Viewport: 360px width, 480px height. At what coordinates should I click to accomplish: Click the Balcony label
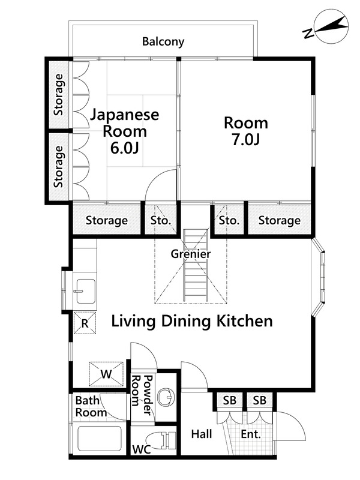163,41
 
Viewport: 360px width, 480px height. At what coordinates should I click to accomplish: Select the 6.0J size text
125,148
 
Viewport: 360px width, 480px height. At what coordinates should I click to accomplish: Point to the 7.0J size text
246,140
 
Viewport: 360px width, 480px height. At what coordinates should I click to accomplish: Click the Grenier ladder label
191,254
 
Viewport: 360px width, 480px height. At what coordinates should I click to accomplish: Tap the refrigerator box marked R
85,323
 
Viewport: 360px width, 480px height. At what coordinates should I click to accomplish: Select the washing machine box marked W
106,374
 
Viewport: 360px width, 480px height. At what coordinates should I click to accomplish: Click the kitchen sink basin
85,291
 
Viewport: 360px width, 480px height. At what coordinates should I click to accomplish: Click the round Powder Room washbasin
166,398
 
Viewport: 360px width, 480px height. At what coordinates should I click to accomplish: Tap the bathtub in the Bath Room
100,439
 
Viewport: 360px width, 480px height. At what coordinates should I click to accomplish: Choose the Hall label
202,434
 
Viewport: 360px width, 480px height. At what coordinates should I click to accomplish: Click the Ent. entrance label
251,434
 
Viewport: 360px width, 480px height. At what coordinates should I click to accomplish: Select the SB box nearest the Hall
230,400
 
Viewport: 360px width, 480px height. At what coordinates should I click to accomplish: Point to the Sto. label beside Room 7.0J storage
229,220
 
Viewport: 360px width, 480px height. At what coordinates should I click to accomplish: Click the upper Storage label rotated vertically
58,95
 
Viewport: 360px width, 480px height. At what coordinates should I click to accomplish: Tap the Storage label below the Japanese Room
107,220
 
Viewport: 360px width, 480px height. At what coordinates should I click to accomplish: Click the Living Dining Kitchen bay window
319,277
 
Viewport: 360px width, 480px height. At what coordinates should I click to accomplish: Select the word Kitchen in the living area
245,321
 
